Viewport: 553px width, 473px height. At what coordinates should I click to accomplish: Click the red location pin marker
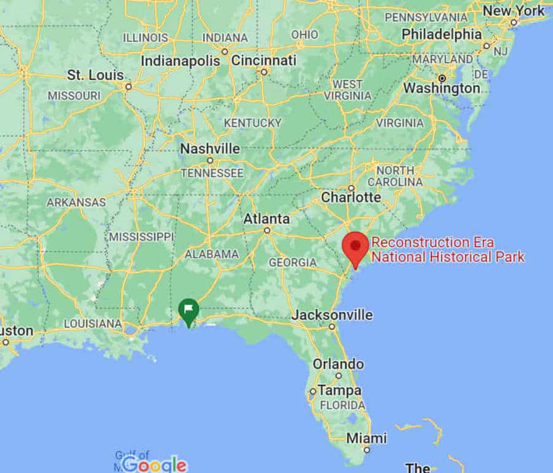355,248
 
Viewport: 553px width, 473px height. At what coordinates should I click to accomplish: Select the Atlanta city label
266,219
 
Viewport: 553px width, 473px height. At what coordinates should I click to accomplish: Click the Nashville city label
210,148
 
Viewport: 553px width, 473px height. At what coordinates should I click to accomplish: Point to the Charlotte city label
351,197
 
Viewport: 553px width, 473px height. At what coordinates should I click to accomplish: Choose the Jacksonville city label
332,315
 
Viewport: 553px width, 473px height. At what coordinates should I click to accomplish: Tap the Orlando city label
338,364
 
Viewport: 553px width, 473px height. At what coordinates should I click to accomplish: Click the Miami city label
366,438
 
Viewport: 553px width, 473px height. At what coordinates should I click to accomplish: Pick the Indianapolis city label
180,61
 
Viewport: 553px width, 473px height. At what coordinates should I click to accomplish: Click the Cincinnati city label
264,60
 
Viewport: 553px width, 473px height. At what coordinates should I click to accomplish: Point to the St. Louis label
96,75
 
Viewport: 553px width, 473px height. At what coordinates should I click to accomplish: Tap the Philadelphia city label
441,34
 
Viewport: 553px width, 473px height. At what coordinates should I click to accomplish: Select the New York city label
513,11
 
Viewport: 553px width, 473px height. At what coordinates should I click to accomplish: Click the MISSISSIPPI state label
141,236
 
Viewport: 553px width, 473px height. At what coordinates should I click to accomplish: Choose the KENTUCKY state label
252,123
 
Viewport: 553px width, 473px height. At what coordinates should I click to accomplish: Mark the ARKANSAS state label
76,202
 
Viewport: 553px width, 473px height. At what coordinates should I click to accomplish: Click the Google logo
154,464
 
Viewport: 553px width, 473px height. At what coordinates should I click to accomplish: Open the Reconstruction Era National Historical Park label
448,250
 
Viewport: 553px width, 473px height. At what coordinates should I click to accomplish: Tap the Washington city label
441,89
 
